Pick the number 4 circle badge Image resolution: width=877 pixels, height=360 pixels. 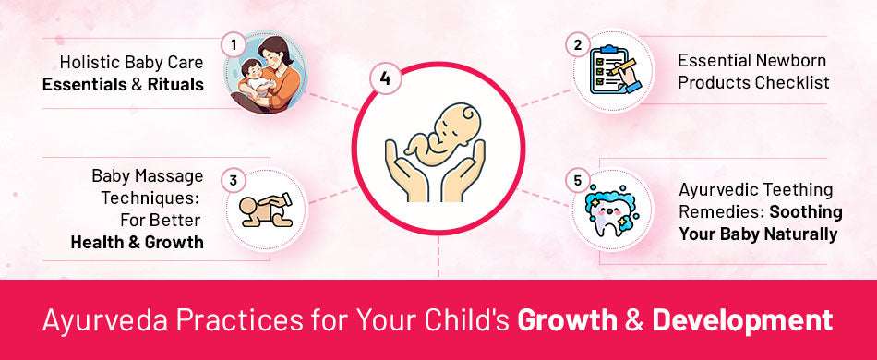tap(384, 78)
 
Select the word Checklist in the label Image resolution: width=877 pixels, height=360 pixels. tap(789, 82)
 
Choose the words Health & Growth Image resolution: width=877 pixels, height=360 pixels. tap(137, 243)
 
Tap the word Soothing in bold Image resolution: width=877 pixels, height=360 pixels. tap(802, 210)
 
